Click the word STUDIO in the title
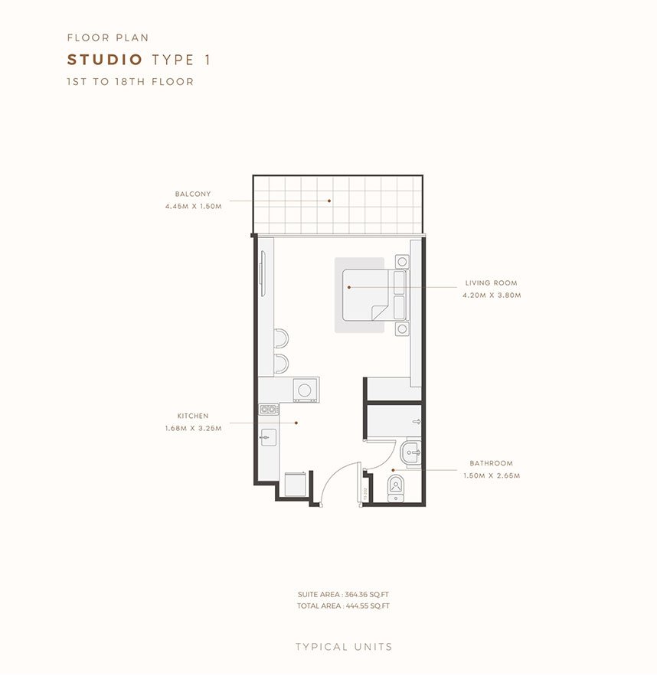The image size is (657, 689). [x=106, y=60]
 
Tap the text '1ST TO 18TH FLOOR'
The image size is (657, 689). [x=130, y=81]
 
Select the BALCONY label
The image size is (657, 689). [x=192, y=194]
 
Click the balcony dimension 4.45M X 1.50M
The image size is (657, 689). [x=193, y=207]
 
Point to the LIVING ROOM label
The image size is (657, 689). [x=491, y=283]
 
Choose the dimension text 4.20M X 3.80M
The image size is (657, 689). [x=491, y=296]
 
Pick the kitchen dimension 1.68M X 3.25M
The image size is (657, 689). [x=193, y=428]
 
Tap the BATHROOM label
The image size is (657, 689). [x=491, y=463]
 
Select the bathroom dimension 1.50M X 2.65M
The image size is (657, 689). [x=491, y=475]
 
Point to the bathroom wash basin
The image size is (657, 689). [x=412, y=452]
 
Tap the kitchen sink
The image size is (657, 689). [x=268, y=438]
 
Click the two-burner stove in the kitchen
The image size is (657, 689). [x=268, y=410]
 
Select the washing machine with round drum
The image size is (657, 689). [x=306, y=389]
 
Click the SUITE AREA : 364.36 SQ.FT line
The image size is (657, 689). [x=343, y=594]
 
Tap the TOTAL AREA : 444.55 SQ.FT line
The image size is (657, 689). [x=343, y=606]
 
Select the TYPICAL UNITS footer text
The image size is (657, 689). [x=344, y=647]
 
